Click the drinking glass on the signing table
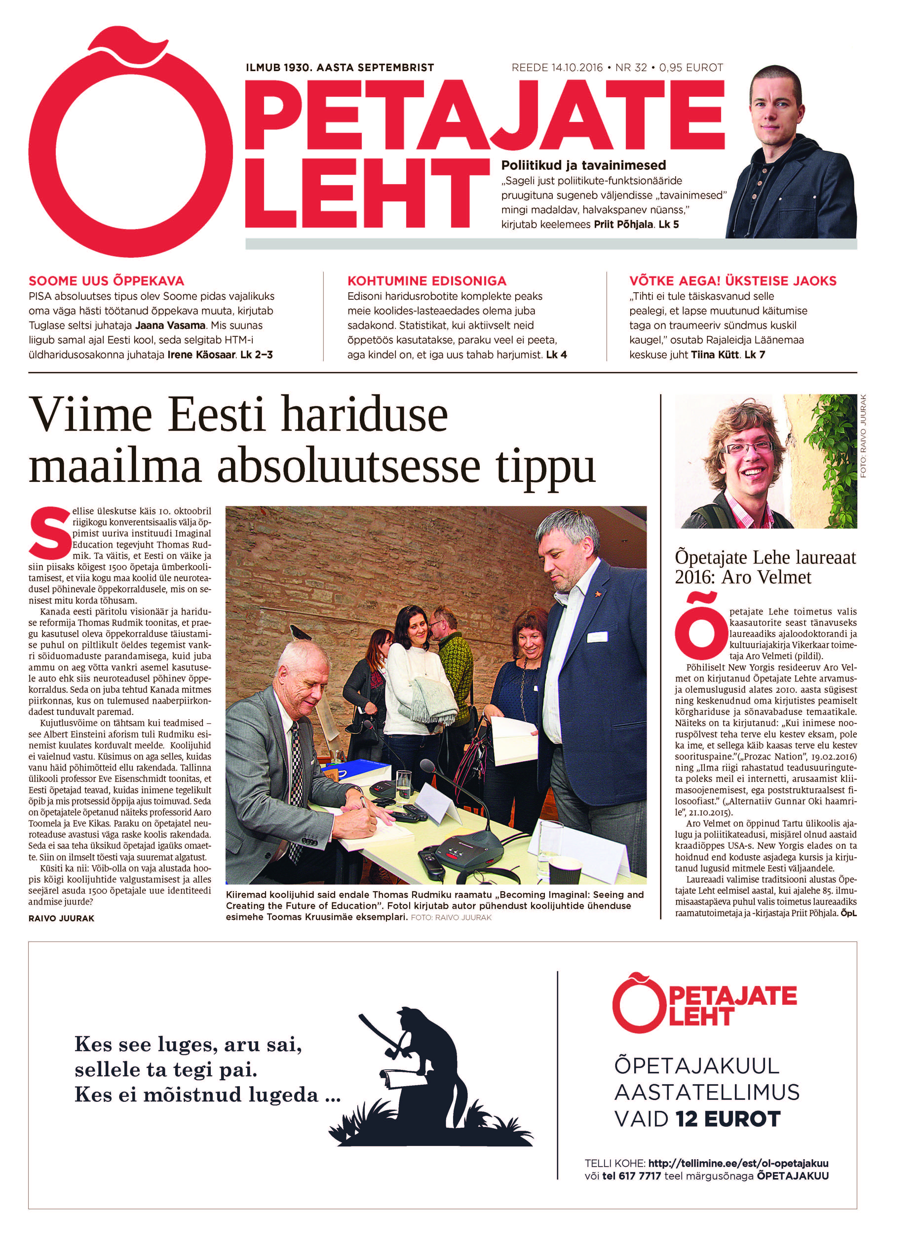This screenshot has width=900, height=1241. click(403, 786)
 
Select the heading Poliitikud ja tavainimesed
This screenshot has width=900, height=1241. click(583, 165)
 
